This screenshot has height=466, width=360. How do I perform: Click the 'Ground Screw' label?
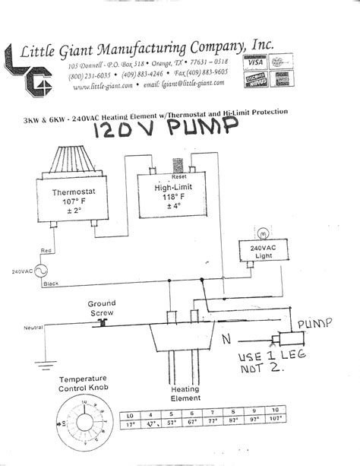(101, 307)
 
